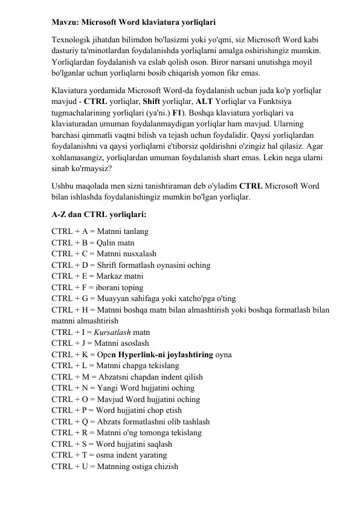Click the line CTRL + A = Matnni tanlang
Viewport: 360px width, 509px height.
[100, 232]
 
